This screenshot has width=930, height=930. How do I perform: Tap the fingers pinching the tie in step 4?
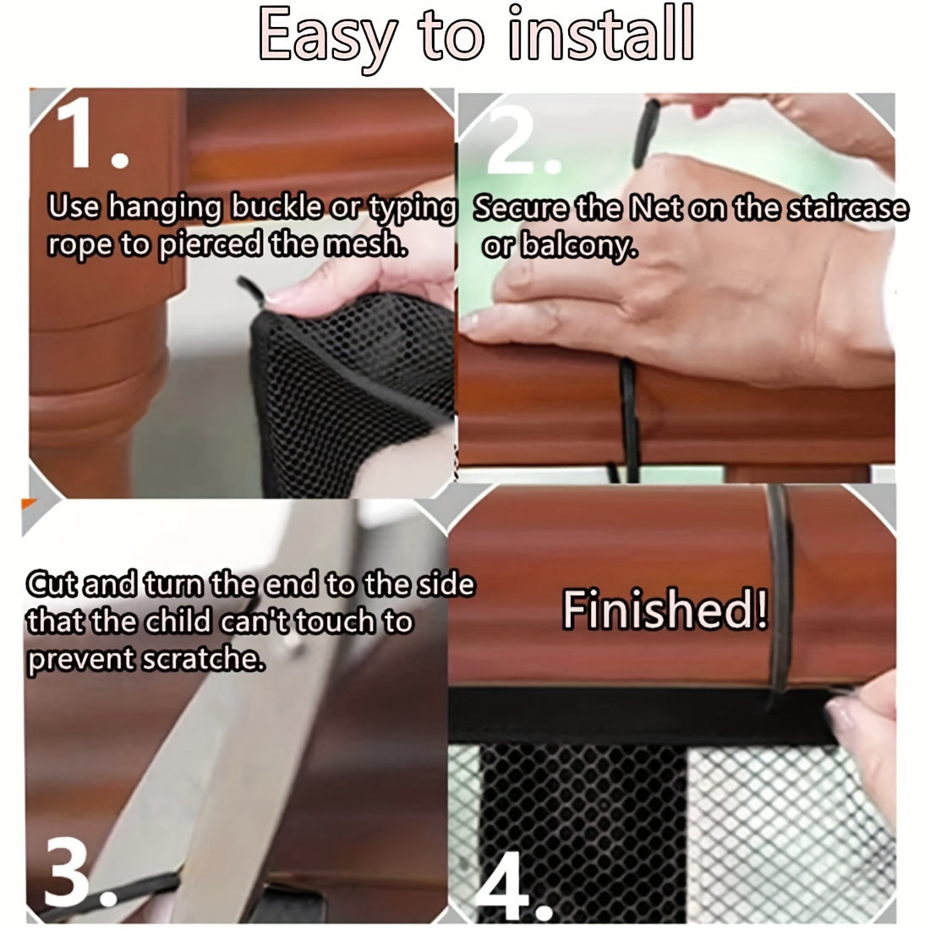coord(862,719)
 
